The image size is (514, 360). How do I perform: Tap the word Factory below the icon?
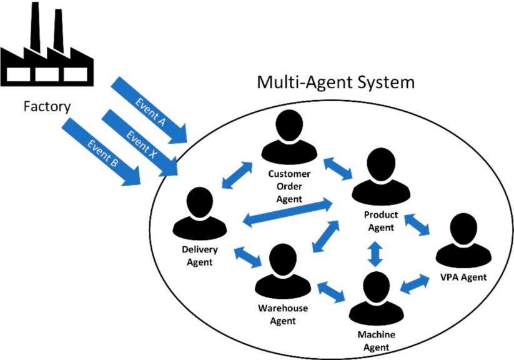pyautogui.click(x=46, y=106)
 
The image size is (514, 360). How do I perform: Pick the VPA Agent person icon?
pyautogui.click(x=462, y=240)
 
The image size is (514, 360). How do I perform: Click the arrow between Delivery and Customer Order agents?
pyautogui.click(x=237, y=176)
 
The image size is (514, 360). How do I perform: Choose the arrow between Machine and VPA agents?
pyautogui.click(x=415, y=284)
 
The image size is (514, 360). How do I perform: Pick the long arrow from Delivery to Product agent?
pyautogui.click(x=287, y=211)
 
